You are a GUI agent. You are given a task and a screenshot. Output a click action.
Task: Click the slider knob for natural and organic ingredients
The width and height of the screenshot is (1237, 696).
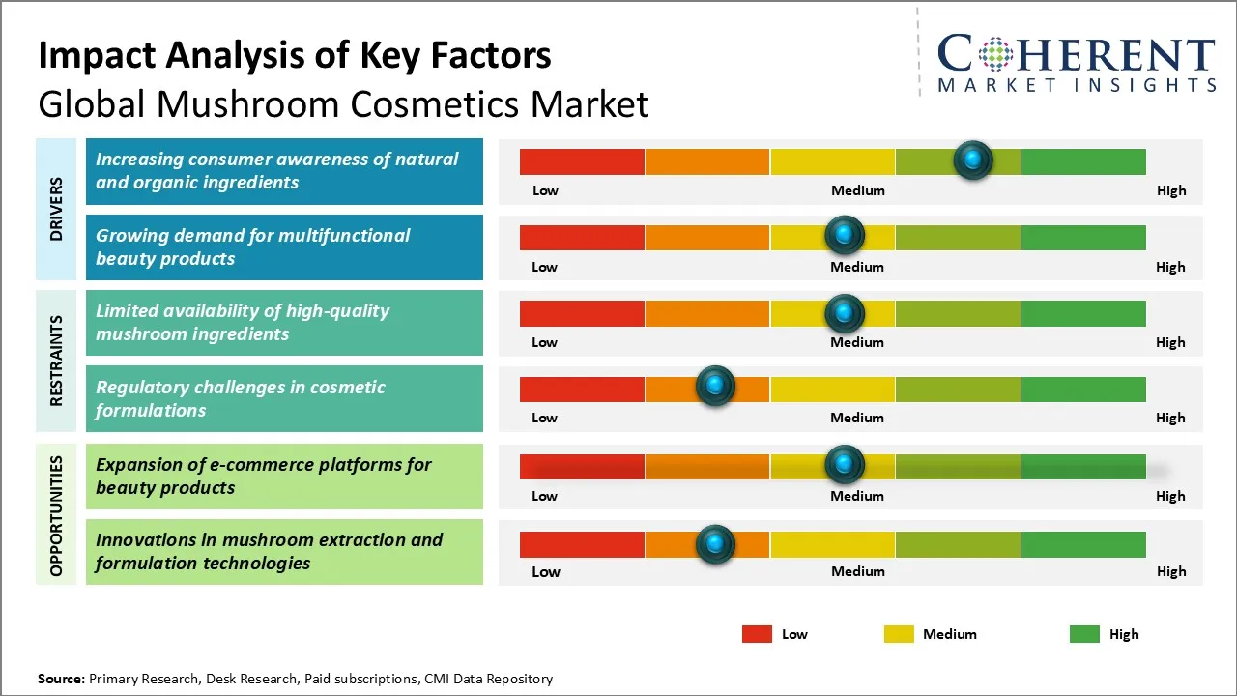click(x=973, y=159)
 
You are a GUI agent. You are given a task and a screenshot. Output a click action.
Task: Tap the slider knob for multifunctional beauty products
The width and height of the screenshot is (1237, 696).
click(x=845, y=235)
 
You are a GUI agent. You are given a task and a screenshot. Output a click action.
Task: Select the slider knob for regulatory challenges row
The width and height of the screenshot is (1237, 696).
click(x=715, y=387)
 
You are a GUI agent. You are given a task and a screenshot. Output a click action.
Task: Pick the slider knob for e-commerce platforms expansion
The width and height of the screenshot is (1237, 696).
click(x=845, y=465)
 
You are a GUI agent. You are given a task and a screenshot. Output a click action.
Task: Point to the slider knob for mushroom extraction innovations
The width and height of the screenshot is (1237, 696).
click(x=715, y=544)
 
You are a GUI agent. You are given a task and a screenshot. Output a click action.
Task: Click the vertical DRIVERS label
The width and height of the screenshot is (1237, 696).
click(x=56, y=209)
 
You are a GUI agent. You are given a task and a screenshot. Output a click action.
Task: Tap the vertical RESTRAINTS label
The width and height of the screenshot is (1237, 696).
click(x=56, y=361)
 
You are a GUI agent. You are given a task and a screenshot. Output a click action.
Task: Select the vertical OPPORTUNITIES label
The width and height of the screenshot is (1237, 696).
click(x=56, y=515)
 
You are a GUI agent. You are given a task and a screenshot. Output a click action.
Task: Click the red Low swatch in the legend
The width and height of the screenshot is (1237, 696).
click(x=757, y=634)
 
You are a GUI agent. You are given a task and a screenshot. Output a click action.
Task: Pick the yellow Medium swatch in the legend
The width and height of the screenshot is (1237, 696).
click(x=899, y=634)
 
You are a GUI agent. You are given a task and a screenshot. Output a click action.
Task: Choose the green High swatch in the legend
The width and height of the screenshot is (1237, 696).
click(x=1084, y=634)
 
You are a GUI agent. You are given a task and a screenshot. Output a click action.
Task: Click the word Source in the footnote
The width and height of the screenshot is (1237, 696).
click(x=61, y=679)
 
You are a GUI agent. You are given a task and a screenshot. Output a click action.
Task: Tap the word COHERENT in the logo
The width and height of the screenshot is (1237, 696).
click(x=1076, y=55)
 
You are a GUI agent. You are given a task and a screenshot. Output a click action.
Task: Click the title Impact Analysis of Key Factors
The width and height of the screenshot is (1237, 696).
click(x=295, y=55)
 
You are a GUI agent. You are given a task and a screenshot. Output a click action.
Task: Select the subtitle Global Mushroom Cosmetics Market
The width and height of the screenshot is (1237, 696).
click(x=343, y=103)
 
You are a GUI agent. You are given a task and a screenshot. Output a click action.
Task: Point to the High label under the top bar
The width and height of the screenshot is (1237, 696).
click(x=1170, y=190)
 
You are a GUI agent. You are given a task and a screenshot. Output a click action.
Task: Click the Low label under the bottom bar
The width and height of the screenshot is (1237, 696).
click(x=545, y=571)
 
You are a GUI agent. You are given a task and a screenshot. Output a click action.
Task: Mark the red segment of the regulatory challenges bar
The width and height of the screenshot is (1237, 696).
click(x=582, y=390)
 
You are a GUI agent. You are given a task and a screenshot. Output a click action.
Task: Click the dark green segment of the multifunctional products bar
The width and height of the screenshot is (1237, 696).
click(x=1082, y=238)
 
